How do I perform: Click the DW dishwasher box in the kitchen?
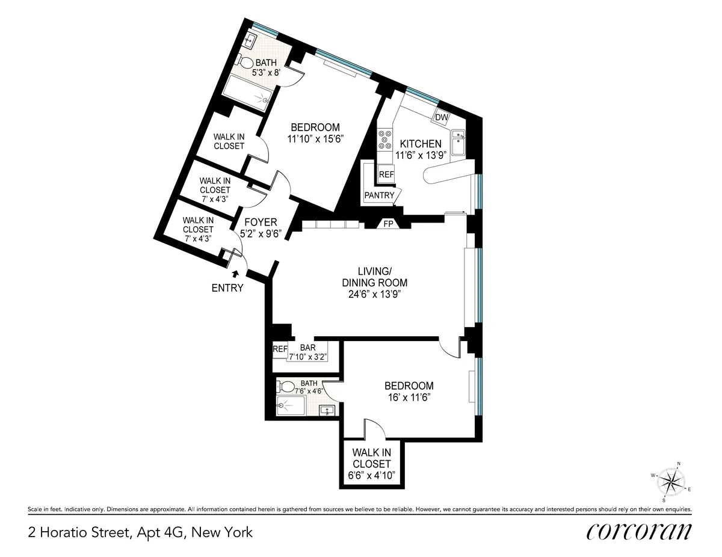(442, 117)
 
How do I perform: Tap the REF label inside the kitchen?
(386, 175)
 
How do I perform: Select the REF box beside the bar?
(280, 348)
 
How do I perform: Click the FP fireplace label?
(389, 224)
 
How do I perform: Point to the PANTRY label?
(380, 195)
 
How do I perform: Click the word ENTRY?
(227, 288)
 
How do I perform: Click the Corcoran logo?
(638, 532)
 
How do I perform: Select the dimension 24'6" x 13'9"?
(375, 294)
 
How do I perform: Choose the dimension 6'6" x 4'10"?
(372, 475)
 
